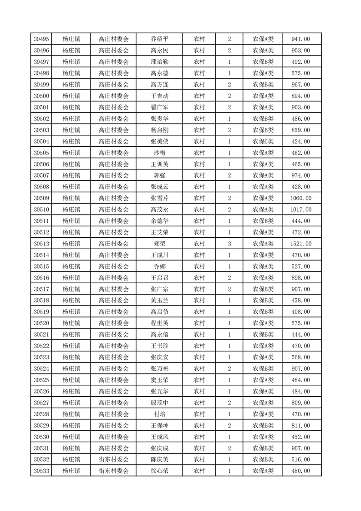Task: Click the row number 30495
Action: point(41,39)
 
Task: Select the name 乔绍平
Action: point(160,39)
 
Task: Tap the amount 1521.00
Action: point(300,244)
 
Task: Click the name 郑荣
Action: point(160,244)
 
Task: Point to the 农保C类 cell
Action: point(263,142)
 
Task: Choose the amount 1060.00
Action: point(300,198)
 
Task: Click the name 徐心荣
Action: point(160,471)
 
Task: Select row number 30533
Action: point(41,471)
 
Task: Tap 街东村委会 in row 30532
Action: point(114,460)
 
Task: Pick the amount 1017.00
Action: point(300,210)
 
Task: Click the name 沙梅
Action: point(160,153)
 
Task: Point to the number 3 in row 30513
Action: point(229,244)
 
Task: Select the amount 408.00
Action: point(300,312)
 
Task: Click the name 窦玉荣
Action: point(160,380)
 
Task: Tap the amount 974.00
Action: point(300,175)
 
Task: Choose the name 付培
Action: point(160,414)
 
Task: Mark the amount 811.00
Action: point(300,425)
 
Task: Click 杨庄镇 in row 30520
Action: point(71,323)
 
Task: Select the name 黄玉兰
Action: point(160,301)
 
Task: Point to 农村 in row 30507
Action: point(199,175)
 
